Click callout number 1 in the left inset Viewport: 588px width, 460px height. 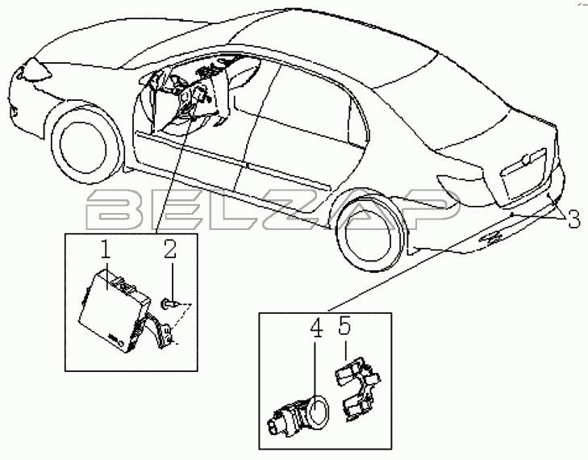(x=106, y=250)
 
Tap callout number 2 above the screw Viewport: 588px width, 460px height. (x=169, y=249)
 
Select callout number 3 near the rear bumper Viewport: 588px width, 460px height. (x=573, y=220)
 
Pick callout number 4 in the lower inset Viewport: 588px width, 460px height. (x=316, y=328)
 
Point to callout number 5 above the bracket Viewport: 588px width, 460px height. (x=344, y=325)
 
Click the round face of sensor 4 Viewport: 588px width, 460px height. (x=319, y=412)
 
